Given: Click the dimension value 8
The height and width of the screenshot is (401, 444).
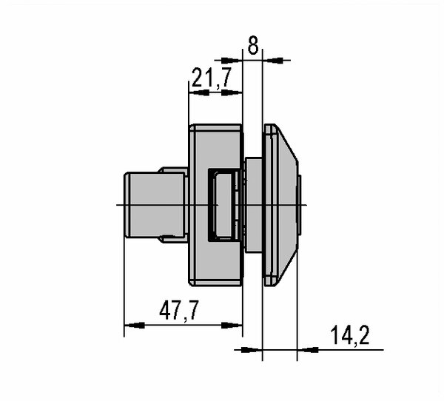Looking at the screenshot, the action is click(x=253, y=45).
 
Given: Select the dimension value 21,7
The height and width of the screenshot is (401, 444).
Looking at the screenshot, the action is click(x=212, y=78).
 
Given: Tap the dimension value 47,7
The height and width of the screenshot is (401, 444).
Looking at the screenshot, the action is click(x=179, y=311).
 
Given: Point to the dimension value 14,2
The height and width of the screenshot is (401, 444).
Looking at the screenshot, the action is click(x=350, y=335).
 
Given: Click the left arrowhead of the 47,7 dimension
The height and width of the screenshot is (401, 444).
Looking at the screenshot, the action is click(x=135, y=325).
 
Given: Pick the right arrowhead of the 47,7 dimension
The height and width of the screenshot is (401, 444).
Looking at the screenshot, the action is click(x=232, y=325).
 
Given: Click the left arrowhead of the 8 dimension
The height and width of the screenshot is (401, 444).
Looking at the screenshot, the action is click(x=232, y=61).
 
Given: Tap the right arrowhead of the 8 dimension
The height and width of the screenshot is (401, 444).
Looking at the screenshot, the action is click(x=273, y=61).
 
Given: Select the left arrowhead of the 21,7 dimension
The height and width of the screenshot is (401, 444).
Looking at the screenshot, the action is click(x=199, y=92).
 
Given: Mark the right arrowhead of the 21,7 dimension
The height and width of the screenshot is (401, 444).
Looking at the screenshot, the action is click(x=232, y=92).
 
